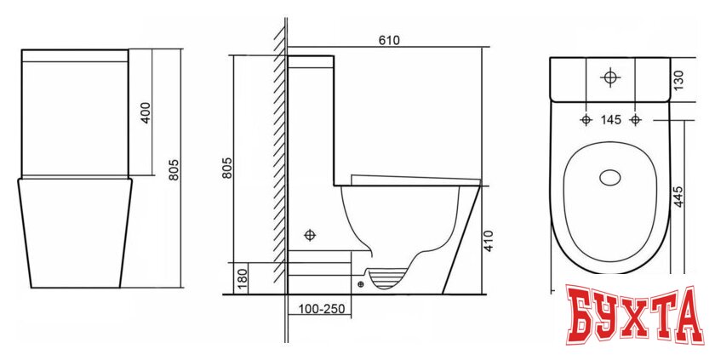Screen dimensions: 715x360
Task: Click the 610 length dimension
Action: (389, 41)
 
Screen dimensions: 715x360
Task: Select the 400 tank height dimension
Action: (146, 112)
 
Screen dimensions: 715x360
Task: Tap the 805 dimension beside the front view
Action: (174, 169)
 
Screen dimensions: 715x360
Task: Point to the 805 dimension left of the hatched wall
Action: (227, 168)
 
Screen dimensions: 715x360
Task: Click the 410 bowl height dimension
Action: (488, 241)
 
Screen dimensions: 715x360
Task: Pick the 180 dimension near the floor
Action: (243, 279)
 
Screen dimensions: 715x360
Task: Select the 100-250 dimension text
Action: (322, 309)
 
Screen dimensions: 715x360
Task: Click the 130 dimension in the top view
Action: (678, 80)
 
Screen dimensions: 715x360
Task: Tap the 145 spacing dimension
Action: (610, 120)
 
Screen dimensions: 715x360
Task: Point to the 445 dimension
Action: (678, 197)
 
